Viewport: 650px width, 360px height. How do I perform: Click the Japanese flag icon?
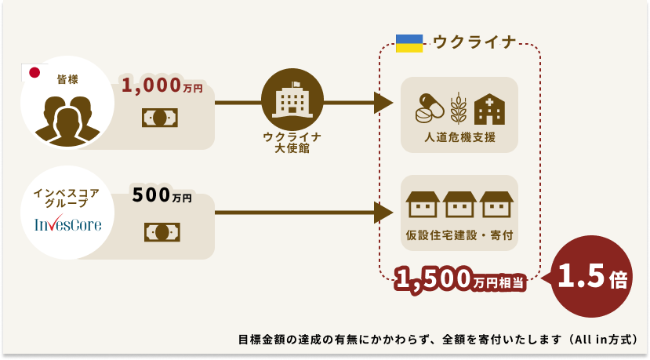[34, 73]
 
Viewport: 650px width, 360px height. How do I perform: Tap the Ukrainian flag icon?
[409, 43]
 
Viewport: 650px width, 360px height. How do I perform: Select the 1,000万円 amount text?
[162, 86]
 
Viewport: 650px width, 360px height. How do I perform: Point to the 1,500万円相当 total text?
[459, 278]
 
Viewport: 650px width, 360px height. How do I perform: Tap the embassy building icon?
[292, 100]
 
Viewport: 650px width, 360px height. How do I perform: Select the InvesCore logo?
[68, 225]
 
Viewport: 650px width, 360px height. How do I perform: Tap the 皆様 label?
[67, 79]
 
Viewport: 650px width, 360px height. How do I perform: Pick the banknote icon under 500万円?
[162, 231]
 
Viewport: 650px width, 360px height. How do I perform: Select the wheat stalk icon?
[458, 108]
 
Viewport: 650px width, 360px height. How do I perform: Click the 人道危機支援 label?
[459, 137]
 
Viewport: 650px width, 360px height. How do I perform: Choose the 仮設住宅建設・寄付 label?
[459, 235]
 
